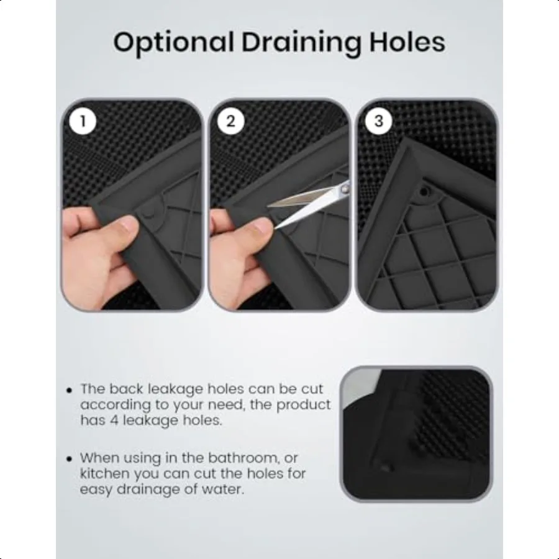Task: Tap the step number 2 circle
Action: [230, 121]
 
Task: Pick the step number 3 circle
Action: [378, 121]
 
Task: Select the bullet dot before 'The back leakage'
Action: [69, 391]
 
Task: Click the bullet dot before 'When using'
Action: [69, 459]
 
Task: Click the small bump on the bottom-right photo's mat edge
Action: [384, 465]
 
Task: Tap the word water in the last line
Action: [225, 489]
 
